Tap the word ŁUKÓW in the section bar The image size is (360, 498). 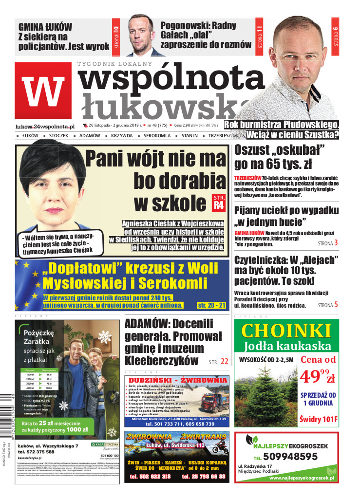coord(30,135)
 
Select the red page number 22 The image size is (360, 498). coord(224,362)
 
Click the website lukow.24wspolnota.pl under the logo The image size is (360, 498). coord(45,126)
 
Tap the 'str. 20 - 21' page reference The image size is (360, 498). coord(211,305)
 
